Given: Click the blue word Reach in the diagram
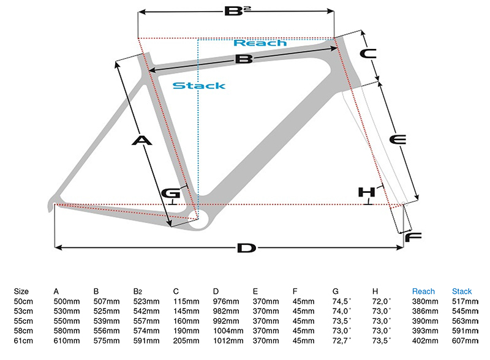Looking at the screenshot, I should pos(260,43).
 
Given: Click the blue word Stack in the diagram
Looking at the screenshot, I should pos(198,86).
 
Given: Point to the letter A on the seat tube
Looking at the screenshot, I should pos(141,141).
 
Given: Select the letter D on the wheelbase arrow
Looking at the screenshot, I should pos(245,248).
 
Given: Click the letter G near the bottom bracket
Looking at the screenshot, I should pos(170,193).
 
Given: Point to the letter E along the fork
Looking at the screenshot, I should pos(398,140).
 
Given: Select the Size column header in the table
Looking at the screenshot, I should pos(21,291).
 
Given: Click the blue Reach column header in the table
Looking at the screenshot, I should pos(423,291).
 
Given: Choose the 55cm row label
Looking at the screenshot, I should pos(23,321).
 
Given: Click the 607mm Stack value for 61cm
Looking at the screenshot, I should pos(464,340).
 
